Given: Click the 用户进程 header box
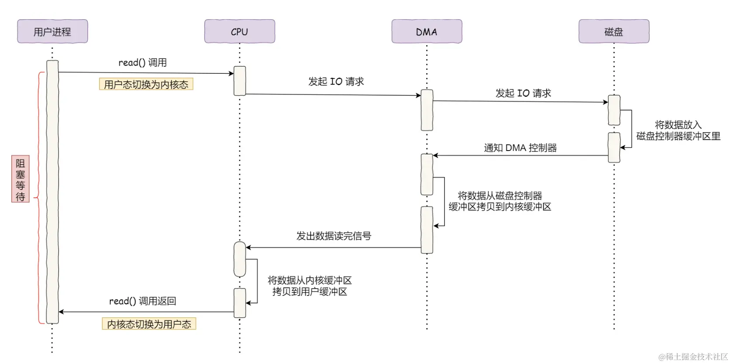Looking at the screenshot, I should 52,31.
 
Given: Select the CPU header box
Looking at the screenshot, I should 239,31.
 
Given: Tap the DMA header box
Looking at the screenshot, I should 427,31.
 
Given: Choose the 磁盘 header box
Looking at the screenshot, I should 614,31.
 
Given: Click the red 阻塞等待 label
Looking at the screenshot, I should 20,179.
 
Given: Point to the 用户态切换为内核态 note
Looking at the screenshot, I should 146,84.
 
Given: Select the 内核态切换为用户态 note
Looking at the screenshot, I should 149,324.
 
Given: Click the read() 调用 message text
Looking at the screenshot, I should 142,62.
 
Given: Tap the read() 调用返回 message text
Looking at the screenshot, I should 142,301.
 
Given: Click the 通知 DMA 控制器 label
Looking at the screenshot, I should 520,148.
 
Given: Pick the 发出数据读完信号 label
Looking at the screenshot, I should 334,236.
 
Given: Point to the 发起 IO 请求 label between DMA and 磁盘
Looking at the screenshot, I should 523,93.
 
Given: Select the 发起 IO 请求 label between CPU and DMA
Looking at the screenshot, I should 336,82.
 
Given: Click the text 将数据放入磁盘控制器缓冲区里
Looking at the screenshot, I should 678,130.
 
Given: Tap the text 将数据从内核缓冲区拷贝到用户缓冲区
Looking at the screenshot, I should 310,286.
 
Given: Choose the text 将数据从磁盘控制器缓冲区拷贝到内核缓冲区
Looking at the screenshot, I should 500,201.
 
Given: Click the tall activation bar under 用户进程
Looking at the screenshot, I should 52,192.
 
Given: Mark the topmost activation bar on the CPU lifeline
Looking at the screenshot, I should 240,81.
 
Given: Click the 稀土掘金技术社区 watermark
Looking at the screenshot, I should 693,357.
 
